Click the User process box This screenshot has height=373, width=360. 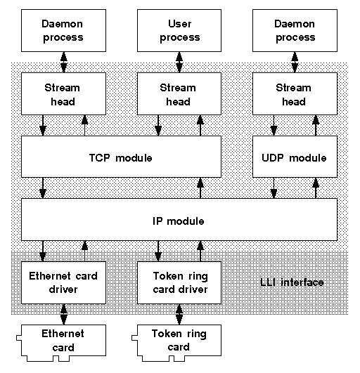click(179, 30)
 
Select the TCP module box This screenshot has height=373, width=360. click(121, 157)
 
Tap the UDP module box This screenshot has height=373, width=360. click(295, 157)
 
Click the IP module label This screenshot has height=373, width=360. click(179, 221)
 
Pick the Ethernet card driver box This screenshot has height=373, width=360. click(63, 282)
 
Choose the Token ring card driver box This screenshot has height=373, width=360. click(179, 282)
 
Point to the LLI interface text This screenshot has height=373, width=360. click(292, 282)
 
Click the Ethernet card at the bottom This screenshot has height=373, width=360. click(61, 343)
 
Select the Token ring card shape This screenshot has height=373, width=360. click(176, 343)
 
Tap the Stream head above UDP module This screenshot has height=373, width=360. click(295, 93)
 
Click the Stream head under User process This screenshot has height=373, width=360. click(179, 93)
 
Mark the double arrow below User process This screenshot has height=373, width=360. click(179, 62)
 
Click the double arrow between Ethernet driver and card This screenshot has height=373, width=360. click(63, 314)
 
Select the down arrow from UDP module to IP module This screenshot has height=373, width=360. click(274, 188)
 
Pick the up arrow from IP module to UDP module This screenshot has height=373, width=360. click(316, 188)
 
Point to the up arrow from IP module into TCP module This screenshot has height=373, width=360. click(200, 188)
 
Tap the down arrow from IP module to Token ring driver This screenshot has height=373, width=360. click(158, 251)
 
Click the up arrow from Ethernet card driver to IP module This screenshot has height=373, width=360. click(84, 251)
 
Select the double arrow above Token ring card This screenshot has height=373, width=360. click(179, 314)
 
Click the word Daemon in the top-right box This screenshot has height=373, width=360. click(295, 24)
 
